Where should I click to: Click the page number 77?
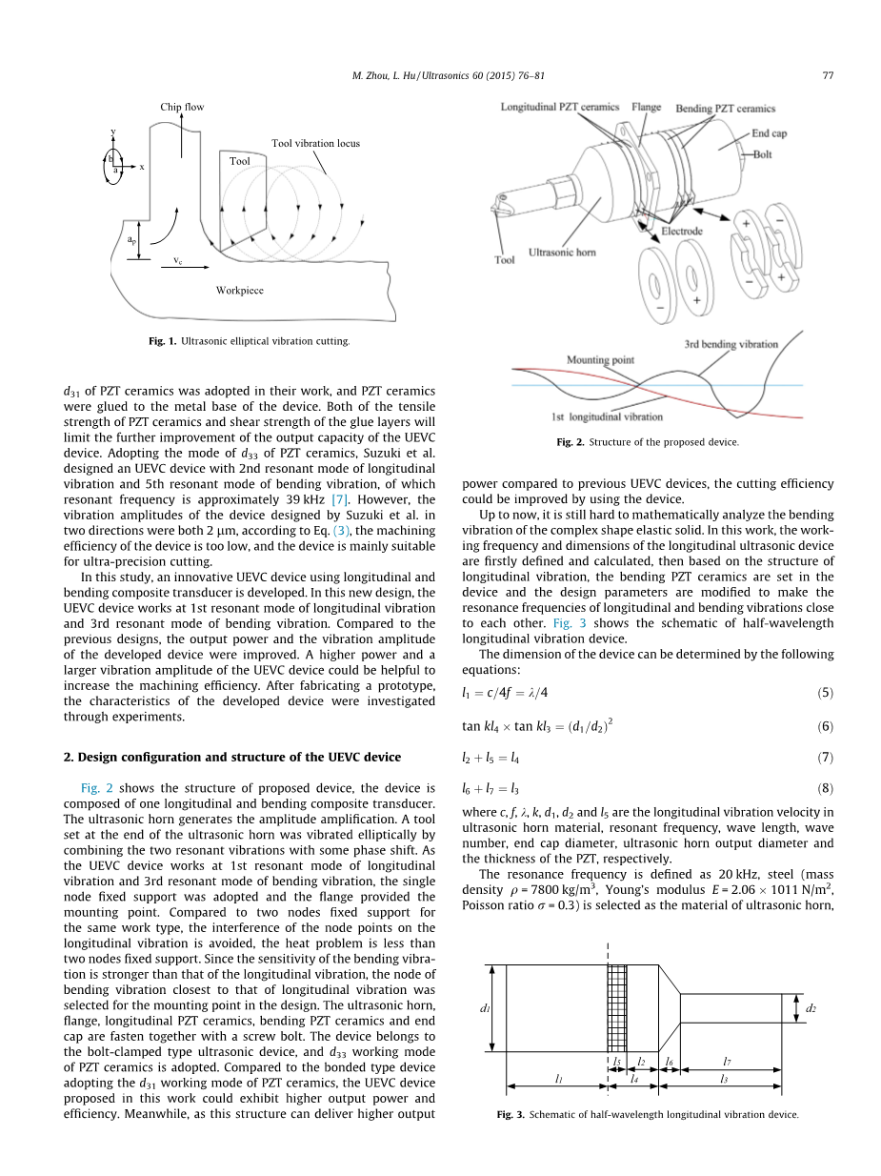coord(829,75)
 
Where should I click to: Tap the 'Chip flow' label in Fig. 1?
coord(182,107)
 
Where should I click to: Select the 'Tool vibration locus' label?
coord(315,144)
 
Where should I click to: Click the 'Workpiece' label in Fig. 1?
coord(239,290)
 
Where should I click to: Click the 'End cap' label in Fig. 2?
coord(769,134)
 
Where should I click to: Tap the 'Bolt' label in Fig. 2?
coord(763,153)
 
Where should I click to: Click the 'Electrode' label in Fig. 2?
coord(682,232)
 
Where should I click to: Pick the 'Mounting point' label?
coord(600,360)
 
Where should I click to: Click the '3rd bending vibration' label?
coord(731,344)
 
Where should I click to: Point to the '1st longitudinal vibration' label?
coord(607,416)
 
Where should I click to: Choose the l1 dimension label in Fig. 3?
coord(557,1079)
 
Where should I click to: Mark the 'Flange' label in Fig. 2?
coord(646,108)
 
